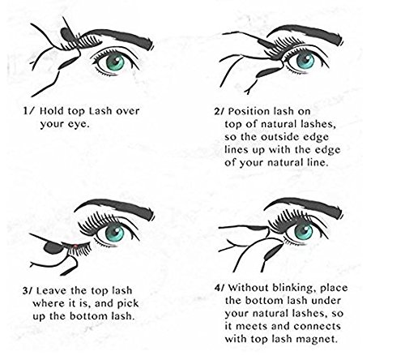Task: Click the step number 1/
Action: (29, 111)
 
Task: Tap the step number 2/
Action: (220, 111)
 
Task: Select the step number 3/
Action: (28, 291)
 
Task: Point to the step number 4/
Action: (220, 288)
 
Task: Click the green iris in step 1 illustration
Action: (115, 61)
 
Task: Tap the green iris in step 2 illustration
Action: (305, 60)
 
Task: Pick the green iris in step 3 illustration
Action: (114, 233)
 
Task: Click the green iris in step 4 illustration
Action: (304, 232)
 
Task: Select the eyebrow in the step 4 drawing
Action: (305, 206)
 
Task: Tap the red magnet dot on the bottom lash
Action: (75, 246)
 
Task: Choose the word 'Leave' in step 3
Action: (52, 291)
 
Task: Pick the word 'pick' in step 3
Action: (128, 304)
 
